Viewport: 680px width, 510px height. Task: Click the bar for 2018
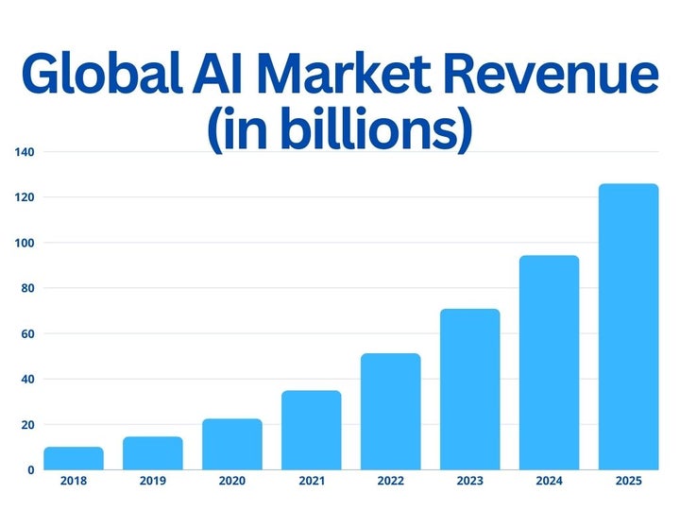coord(74,459)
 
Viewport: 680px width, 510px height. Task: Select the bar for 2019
coord(153,453)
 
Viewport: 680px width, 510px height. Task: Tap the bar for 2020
coord(232,445)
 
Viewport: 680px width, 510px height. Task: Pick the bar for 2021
coord(312,431)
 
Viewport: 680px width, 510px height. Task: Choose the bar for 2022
coord(391,412)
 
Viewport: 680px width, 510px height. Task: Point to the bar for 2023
coord(470,389)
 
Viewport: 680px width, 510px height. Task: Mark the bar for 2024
coord(550,363)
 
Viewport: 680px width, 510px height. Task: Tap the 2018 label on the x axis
coord(74,482)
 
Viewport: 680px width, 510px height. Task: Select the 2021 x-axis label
coord(312,482)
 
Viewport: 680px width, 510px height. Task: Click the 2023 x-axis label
coord(470,482)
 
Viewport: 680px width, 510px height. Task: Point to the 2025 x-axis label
coord(629,482)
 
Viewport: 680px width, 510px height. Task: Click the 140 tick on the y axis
coord(25,152)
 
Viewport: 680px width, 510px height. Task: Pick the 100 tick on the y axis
coord(25,243)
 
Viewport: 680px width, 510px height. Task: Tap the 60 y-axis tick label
coord(27,333)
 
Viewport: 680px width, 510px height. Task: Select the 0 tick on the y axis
coord(31,470)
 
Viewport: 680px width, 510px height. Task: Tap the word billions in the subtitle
coord(365,131)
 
